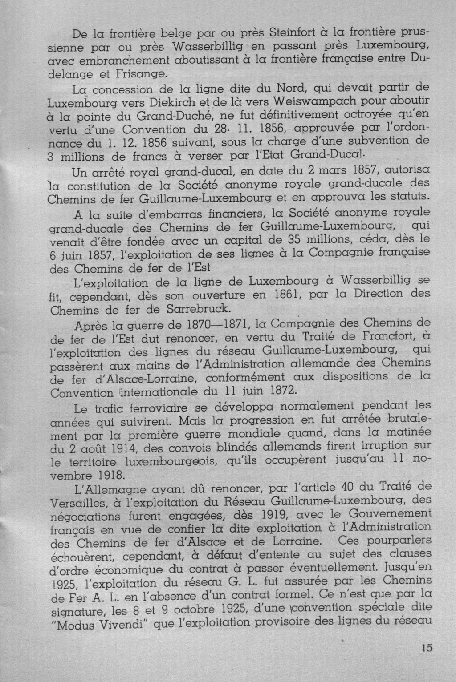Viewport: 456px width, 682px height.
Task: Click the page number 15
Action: tap(426, 648)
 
